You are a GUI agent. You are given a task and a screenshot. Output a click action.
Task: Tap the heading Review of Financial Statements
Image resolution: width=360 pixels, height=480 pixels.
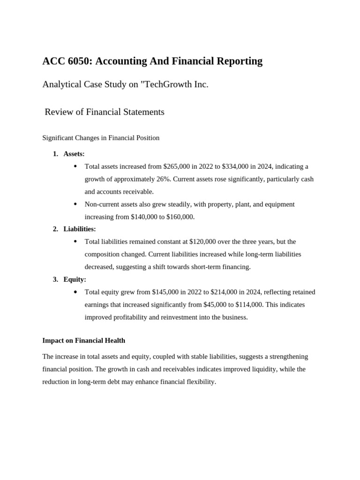click(105, 112)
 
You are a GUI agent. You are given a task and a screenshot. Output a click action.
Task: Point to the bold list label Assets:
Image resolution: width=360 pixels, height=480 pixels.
click(74, 154)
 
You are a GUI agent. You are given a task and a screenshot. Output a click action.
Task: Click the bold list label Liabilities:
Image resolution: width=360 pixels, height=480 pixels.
click(80, 229)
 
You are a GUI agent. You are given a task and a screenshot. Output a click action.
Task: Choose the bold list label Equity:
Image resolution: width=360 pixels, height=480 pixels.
click(75, 279)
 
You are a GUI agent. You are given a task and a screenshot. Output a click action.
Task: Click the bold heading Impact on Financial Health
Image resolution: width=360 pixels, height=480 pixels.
click(84, 340)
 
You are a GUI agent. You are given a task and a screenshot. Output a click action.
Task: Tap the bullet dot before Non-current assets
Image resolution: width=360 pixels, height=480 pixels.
click(75, 204)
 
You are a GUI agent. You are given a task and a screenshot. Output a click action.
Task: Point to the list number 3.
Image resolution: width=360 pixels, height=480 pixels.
click(55, 279)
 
